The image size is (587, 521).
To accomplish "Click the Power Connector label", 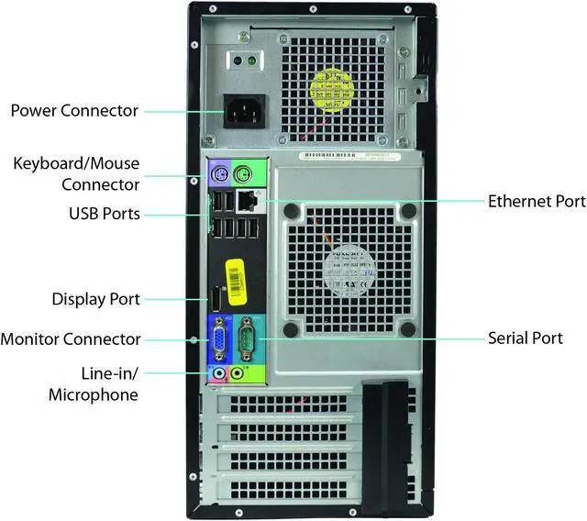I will (74, 111).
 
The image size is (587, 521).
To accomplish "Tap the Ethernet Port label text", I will (537, 201).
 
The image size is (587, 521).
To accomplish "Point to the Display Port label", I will (95, 299).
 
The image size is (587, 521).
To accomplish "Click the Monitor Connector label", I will (71, 339).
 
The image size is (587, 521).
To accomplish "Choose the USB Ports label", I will (105, 214).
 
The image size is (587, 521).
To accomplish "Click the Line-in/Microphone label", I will (95, 384).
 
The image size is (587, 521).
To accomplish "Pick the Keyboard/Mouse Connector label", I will (76, 174).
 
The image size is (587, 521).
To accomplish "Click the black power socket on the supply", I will (239, 112).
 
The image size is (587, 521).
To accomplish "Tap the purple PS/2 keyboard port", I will (218, 174).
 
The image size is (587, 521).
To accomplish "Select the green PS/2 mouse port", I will (242, 174).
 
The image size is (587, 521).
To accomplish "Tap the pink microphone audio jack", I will (218, 373).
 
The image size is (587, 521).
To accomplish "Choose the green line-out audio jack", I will (238, 373).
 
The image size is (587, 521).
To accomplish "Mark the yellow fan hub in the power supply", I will (331, 84).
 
